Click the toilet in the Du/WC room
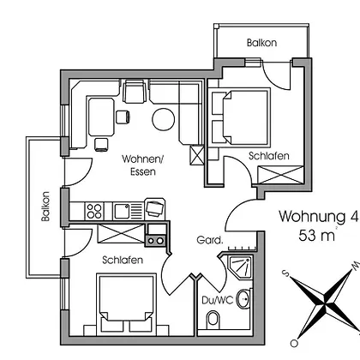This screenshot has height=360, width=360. point(213,318)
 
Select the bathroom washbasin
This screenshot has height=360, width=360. point(243,299)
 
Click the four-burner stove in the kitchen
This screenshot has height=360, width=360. point(94,211)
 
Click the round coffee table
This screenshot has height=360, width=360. point(163,119)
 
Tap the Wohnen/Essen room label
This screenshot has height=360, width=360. point(143,165)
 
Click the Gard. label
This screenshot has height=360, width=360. point(210,240)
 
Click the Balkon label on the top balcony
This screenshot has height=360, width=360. point(261,43)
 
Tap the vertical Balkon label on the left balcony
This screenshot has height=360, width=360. point(45,207)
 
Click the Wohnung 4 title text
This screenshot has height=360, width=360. point(318,216)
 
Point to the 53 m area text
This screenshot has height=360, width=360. point(317,236)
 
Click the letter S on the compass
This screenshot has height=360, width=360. point(285,273)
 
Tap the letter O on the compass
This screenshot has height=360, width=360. point(294,343)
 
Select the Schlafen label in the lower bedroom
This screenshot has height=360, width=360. point(123,260)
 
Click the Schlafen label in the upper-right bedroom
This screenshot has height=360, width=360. point(269,156)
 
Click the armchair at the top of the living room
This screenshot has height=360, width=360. point(135,92)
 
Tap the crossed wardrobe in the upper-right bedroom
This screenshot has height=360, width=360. point(280,175)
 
